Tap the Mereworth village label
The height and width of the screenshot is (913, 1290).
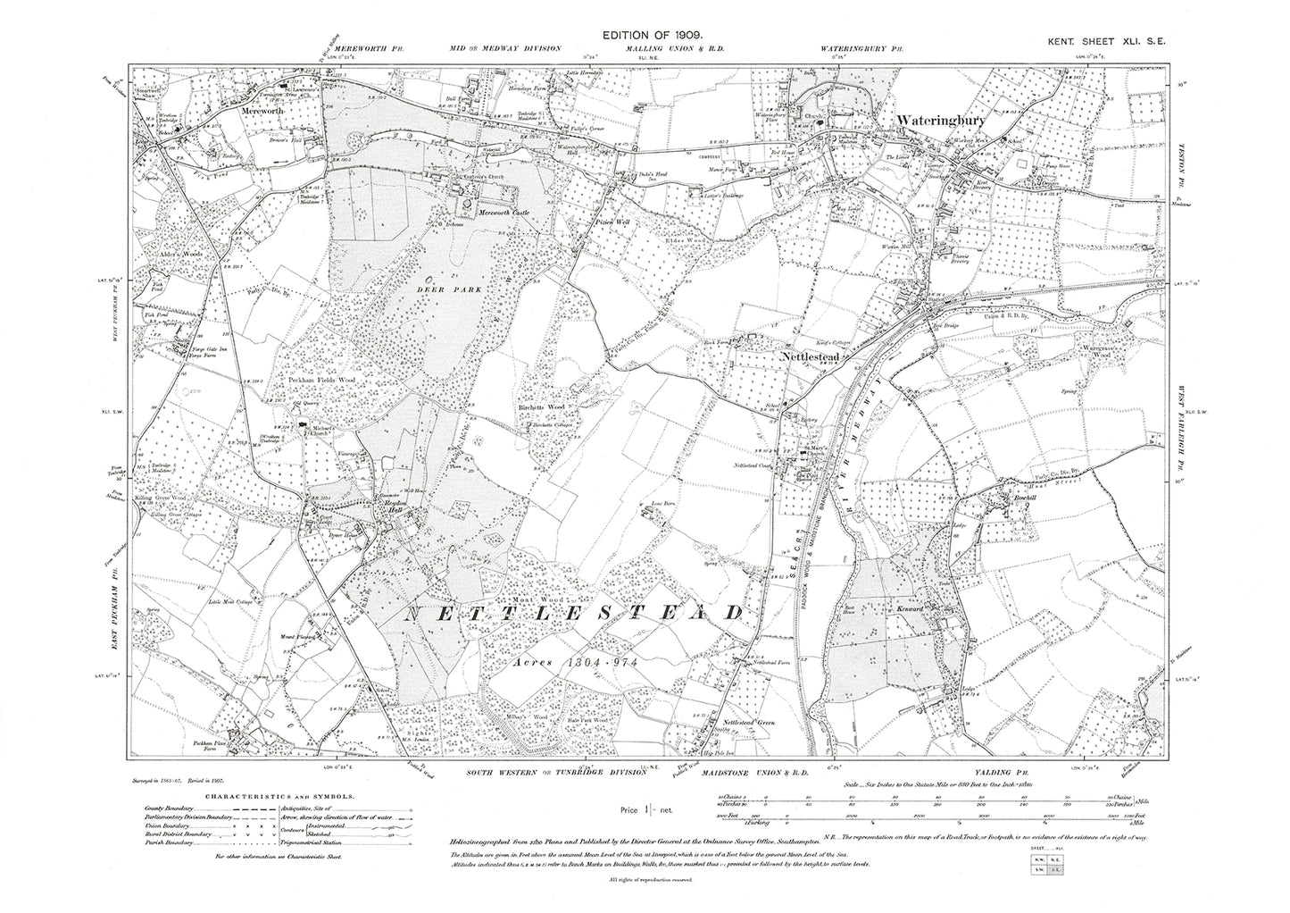click(x=260, y=113)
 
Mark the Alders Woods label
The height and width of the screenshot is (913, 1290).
click(x=176, y=255)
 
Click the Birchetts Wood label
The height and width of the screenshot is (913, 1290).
click(x=543, y=407)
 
